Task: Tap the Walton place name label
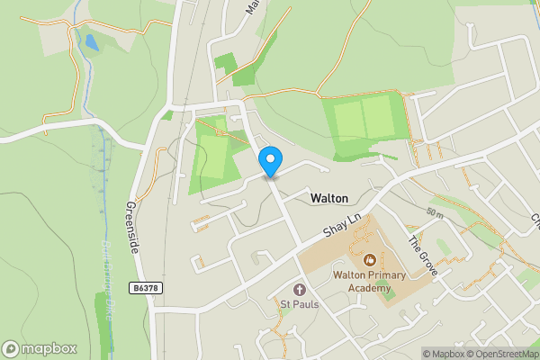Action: click(328, 197)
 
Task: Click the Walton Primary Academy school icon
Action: click(368, 259)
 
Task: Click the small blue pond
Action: click(91, 42)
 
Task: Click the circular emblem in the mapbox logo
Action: click(11, 348)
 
